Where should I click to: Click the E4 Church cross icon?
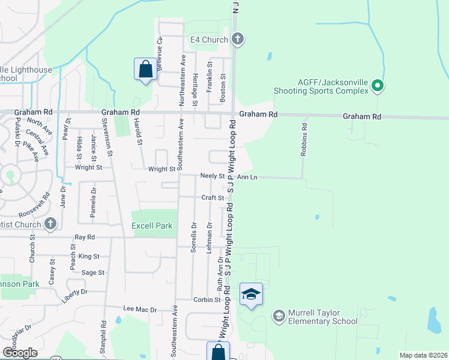(238, 40)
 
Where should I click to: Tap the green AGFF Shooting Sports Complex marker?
(378, 86)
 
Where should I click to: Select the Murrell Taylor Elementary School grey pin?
(279, 315)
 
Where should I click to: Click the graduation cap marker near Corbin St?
(251, 295)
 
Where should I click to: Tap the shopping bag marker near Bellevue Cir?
(145, 69)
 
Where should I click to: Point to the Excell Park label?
(152, 226)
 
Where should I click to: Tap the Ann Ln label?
(247, 177)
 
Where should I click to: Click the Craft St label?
(212, 197)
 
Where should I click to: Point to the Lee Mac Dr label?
(139, 310)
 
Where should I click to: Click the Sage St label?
(93, 272)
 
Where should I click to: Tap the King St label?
(88, 256)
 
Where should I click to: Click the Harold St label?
(139, 133)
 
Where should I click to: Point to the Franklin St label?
(209, 76)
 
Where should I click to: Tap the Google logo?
(19, 353)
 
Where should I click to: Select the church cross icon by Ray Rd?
(50, 224)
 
